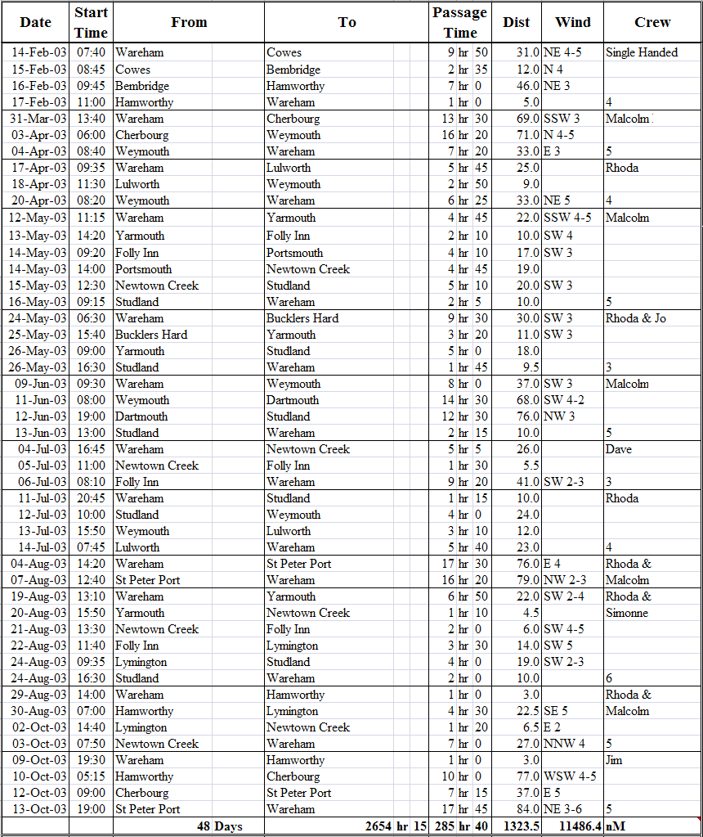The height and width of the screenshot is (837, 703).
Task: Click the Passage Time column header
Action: pyautogui.click(x=459, y=23)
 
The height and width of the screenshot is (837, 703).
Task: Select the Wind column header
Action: pyautogui.click(x=572, y=23)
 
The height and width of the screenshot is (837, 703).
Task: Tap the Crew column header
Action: pyautogui.click(x=652, y=23)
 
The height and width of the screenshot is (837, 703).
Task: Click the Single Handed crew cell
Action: pyautogui.click(x=642, y=52)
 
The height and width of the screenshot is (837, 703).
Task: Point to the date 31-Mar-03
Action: pyautogui.click(x=39, y=119)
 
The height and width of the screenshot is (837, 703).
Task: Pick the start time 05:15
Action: pyautogui.click(x=91, y=776)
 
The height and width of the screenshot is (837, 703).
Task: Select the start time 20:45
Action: pyautogui.click(x=91, y=498)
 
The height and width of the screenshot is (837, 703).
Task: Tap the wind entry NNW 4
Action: pyautogui.click(x=565, y=744)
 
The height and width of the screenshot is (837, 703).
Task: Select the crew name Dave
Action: pyautogui.click(x=619, y=449)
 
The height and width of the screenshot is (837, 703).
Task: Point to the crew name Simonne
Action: pyautogui.click(x=627, y=613)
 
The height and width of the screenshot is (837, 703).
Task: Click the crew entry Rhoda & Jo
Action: pyautogui.click(x=636, y=318)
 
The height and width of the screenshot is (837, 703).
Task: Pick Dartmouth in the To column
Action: pyautogui.click(x=293, y=400)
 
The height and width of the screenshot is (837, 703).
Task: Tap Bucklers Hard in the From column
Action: pyautogui.click(x=151, y=335)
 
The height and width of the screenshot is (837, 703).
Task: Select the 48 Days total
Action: pyautogui.click(x=219, y=826)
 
